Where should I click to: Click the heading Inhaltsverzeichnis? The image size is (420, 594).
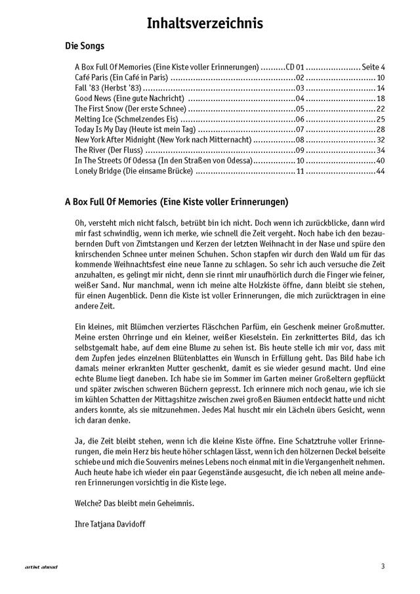[x=205, y=24]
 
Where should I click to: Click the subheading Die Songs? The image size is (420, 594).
[x=85, y=47]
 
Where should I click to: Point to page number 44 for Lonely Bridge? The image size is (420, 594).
[x=380, y=172]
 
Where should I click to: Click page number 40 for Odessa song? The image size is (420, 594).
[x=380, y=161]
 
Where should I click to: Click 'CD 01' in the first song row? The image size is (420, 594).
[x=295, y=67]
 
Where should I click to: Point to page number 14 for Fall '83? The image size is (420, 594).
[x=380, y=88]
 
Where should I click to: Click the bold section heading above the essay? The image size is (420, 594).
[x=176, y=202]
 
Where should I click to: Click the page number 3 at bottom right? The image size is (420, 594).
[x=382, y=566]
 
